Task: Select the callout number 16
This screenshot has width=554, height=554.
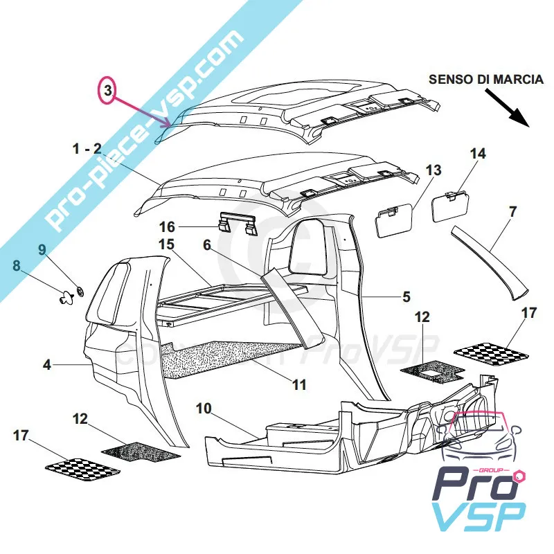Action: [168, 226]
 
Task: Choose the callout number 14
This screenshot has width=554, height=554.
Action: [479, 154]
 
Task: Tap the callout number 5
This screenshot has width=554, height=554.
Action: [406, 296]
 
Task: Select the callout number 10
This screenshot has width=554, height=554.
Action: [204, 409]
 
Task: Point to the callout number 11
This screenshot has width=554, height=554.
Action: [298, 384]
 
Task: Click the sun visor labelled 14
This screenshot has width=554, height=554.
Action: [449, 206]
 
